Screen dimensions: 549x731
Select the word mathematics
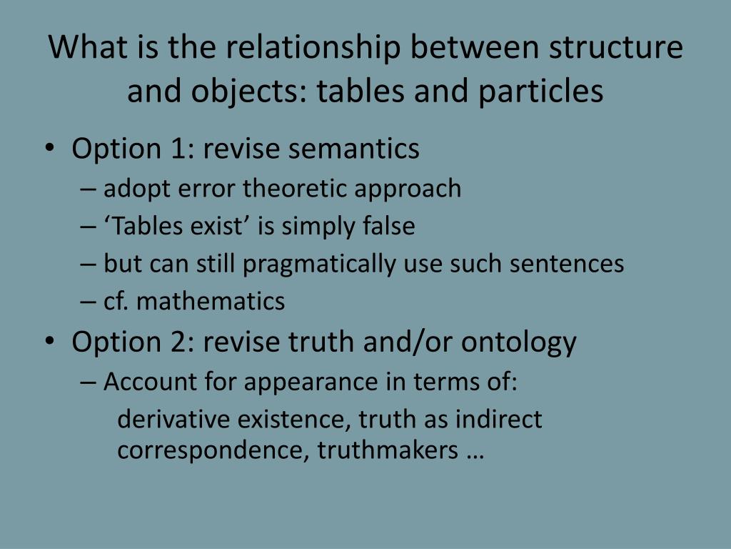pyautogui.click(x=211, y=301)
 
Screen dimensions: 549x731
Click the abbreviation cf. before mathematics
pyautogui.click(x=117, y=301)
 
